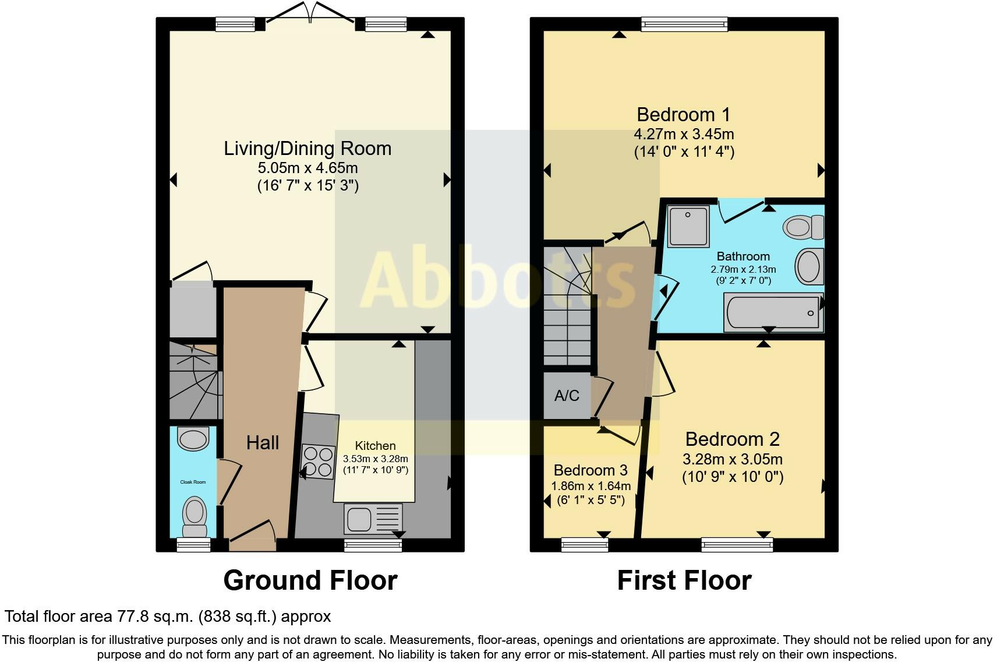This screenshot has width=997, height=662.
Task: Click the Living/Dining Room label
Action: [307, 149]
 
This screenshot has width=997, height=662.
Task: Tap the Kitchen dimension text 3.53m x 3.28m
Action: [375, 459]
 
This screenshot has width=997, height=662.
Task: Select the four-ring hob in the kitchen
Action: [318, 462]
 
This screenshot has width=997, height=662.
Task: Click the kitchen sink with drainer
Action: [373, 519]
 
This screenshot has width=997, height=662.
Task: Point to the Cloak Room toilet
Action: [195, 517]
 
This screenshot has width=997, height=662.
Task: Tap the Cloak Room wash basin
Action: [193, 438]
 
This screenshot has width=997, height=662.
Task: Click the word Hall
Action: [263, 443]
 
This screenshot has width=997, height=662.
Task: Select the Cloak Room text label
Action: [193, 482]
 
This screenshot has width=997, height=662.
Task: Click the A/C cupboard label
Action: [567, 396]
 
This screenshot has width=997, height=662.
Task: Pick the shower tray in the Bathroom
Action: [688, 226]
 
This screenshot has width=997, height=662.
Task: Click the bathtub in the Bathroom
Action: [773, 312]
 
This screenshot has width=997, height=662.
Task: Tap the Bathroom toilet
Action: [804, 227]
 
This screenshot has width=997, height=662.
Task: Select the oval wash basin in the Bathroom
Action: [809, 266]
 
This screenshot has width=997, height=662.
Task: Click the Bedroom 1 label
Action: [684, 114]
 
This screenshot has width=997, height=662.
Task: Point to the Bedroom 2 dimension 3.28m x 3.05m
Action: [733, 459]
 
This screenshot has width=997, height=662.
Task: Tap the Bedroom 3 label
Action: [591, 470]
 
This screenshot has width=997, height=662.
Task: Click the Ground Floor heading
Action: [310, 580]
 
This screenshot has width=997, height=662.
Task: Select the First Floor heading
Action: [684, 580]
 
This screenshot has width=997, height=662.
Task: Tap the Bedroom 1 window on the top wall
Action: [684, 24]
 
